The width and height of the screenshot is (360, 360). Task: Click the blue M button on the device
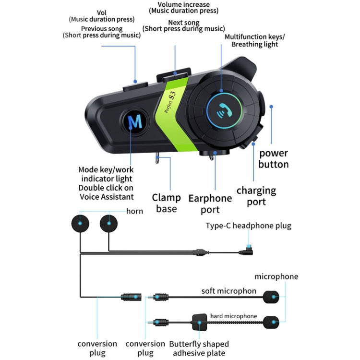pyautogui.click(x=135, y=122)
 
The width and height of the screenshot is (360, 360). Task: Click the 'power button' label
pyautogui.click(x=274, y=159)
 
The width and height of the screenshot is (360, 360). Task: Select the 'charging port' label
pyautogui.click(x=256, y=195)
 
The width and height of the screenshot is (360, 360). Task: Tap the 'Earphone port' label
pyautogui.click(x=210, y=204)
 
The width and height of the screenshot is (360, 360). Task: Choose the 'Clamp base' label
pyautogui.click(x=166, y=203)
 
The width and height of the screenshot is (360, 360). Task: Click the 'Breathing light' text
pyautogui.click(x=254, y=45)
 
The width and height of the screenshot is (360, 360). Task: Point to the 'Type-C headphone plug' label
pyautogui.click(x=248, y=226)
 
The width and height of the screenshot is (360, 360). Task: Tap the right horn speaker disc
pyautogui.click(x=109, y=224)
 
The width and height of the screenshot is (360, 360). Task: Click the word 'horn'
pyautogui.click(x=134, y=211)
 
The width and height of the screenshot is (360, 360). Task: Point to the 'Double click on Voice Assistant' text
pyautogui.click(x=106, y=192)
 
